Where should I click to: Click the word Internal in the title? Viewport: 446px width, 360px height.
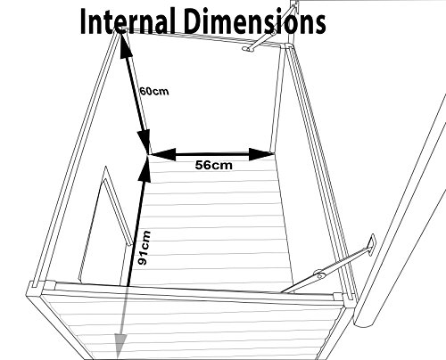tap(128, 20)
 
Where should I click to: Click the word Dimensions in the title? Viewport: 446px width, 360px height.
tap(256, 20)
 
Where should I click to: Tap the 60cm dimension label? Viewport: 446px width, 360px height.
tap(154, 91)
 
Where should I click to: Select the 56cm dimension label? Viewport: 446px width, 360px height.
tap(213, 165)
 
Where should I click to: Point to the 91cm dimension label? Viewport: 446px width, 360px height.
tap(145, 248)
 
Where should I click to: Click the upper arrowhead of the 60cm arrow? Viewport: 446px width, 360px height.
tap(126, 45)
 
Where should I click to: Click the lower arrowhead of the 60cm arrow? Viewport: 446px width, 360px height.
tap(144, 141)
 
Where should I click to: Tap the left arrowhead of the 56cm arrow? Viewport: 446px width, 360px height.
tap(162, 154)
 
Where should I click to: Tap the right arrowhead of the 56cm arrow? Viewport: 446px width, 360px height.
tap(261, 154)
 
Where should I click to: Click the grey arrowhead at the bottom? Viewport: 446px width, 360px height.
tap(120, 346)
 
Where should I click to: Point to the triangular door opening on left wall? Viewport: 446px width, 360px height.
tap(104, 223)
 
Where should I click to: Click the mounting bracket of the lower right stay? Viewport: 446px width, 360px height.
tap(372, 244)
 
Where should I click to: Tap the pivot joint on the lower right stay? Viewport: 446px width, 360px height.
tap(318, 274)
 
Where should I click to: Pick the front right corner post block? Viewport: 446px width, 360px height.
tap(342, 297)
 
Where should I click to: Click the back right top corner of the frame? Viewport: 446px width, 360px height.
tap(288, 45)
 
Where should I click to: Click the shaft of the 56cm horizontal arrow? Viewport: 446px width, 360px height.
tap(212, 154)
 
